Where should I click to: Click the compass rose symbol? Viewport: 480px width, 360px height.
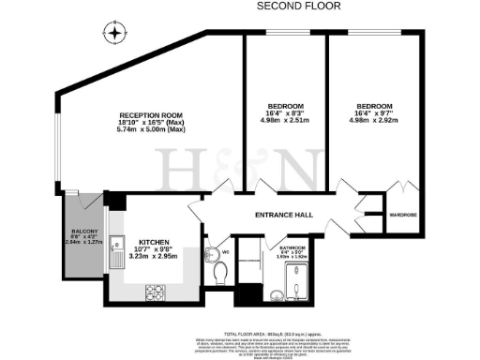(x=114, y=36)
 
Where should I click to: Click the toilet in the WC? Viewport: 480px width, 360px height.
(x=218, y=271)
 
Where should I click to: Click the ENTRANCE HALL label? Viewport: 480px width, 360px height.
(x=284, y=216)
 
